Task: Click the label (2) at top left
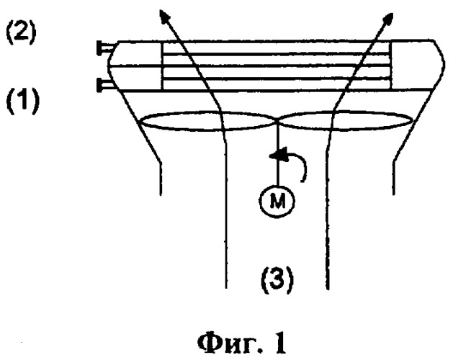pyautogui.click(x=21, y=32)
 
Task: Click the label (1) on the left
pyautogui.click(x=22, y=101)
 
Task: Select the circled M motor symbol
pyautogui.click(x=277, y=201)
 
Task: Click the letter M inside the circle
pyautogui.click(x=277, y=201)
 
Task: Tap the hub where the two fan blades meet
pyautogui.click(x=276, y=121)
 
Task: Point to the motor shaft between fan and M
pyautogui.click(x=277, y=153)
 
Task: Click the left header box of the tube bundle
pyautogui.click(x=135, y=66)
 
